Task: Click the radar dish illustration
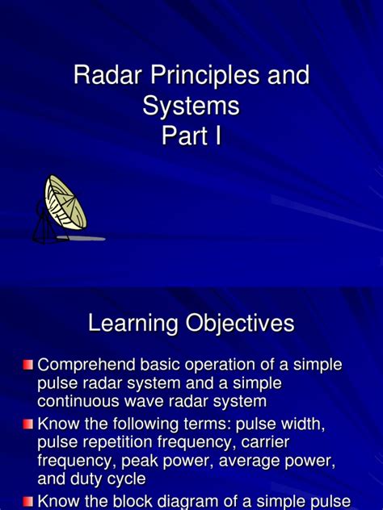(65, 203)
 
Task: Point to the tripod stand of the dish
(43, 224)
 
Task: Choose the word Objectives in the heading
(241, 324)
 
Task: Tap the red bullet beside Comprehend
(28, 366)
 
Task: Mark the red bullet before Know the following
(28, 424)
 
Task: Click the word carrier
(262, 442)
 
